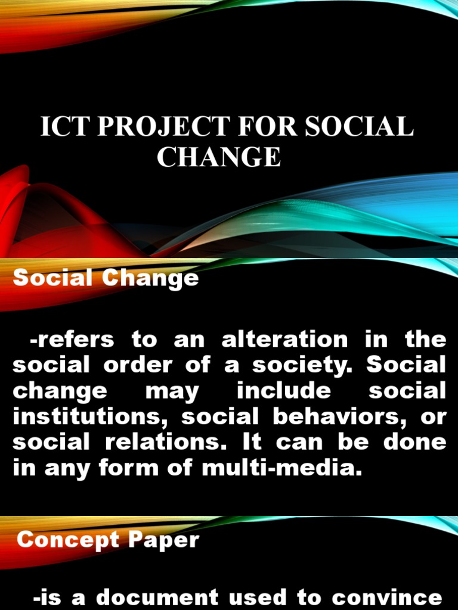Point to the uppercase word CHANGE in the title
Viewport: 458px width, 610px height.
pos(218,157)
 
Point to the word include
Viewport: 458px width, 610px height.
pos(283,391)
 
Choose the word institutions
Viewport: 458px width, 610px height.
pos(90,417)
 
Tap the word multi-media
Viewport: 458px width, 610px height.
pos(282,468)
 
